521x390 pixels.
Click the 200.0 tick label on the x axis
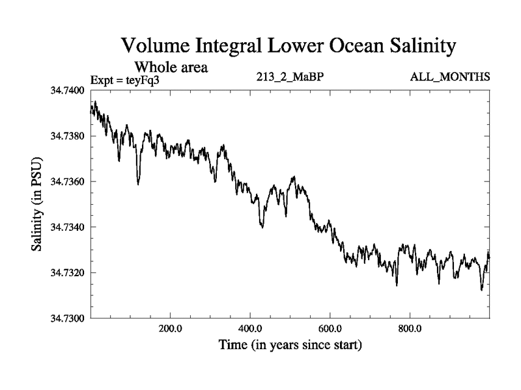pyautogui.click(x=171, y=328)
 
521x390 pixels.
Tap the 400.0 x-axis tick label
pyautogui.click(x=251, y=328)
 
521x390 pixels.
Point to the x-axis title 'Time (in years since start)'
pyautogui.click(x=290, y=344)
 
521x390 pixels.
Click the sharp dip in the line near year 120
pyautogui.click(x=138, y=184)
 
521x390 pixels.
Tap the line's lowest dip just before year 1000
pyautogui.click(x=482, y=289)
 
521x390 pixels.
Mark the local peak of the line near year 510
pyautogui.click(x=294, y=177)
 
